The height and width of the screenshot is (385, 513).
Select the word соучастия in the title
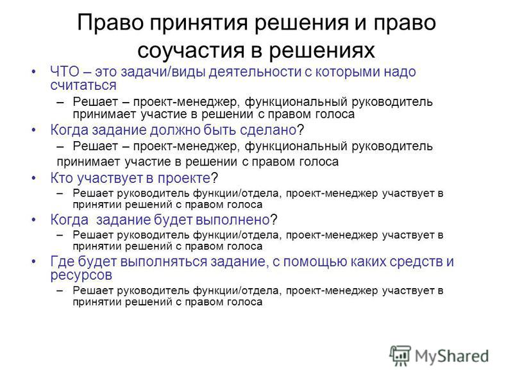191,51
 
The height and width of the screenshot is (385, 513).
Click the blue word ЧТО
65,72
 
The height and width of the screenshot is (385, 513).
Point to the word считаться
83,85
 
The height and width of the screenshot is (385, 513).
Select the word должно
174,130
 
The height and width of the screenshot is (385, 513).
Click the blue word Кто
61,178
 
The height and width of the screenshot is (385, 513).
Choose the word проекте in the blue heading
184,178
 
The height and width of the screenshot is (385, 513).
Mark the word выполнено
233,219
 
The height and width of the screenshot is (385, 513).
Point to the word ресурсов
81,275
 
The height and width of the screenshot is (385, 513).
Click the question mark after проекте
214,178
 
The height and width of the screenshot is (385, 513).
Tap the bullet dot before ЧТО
34,72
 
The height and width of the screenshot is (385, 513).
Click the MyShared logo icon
400,355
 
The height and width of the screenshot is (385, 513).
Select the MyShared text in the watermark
452,356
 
